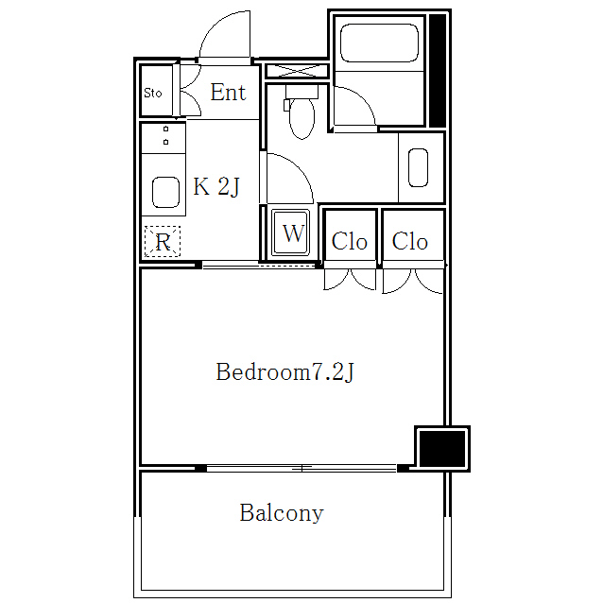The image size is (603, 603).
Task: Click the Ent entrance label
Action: coord(228,93)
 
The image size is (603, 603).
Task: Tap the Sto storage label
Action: coord(153,93)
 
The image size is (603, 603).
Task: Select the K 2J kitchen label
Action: coord(216,187)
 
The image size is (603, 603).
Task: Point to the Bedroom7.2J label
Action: coord(284,371)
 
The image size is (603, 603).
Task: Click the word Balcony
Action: coord(282,513)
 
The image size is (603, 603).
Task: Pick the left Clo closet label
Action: coord(349,242)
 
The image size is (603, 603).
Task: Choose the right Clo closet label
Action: coord(410,242)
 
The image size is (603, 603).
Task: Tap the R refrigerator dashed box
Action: coord(163,242)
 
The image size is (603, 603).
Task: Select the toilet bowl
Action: coord(301,118)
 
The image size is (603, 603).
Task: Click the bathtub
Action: coord(379,43)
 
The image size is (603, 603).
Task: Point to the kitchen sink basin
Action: coord(165,192)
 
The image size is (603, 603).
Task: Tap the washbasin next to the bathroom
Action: coord(418,167)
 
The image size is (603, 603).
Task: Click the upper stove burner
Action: coord(165,129)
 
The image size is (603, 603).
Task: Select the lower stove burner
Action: coord(165,143)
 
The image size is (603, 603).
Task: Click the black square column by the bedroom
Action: coord(442,449)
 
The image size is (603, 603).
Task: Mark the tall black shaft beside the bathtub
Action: coord(438,70)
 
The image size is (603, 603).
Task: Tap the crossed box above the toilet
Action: coord(297,71)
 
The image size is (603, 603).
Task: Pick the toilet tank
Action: coord(301,92)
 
